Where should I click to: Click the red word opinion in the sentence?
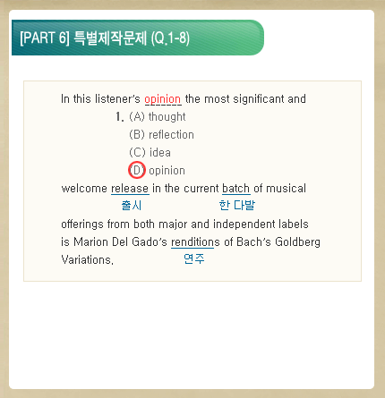tap(163, 99)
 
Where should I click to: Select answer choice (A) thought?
tap(158, 116)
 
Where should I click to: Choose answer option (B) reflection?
tap(161, 134)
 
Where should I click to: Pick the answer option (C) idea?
tap(150, 152)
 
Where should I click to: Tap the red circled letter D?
tap(137, 170)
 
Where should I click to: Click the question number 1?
tap(120, 116)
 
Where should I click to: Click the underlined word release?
tap(130, 189)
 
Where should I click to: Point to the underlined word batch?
tap(236, 189)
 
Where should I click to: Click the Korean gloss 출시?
tap(132, 205)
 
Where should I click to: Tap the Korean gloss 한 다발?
tap(237, 205)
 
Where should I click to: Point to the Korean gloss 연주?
tap(194, 258)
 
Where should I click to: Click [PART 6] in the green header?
tap(45, 38)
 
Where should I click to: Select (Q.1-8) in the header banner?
tap(170, 38)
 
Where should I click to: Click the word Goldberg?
tap(297, 242)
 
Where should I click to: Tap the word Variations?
tap(87, 259)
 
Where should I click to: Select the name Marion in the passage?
tap(91, 241)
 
